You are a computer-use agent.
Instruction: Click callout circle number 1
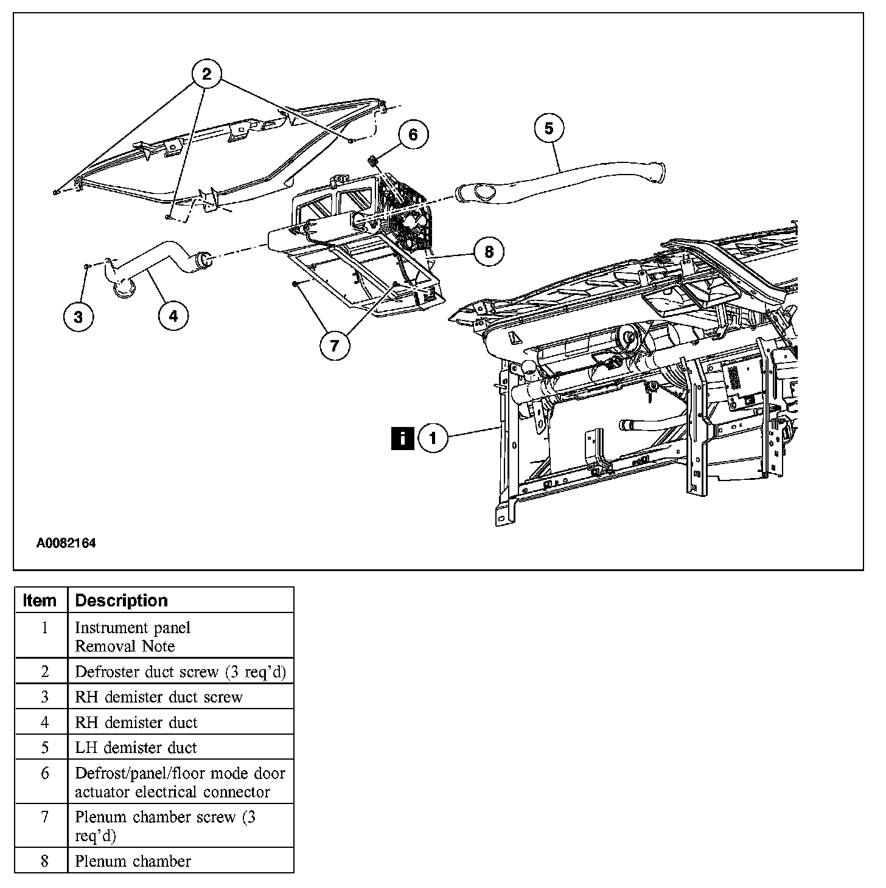click(433, 438)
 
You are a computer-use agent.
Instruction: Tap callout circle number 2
click(206, 74)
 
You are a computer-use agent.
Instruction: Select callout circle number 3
click(78, 316)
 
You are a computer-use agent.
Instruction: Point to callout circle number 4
click(173, 316)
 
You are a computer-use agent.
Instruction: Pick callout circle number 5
click(549, 128)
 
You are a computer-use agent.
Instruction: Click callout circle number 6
click(413, 134)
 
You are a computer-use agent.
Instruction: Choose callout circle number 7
click(335, 345)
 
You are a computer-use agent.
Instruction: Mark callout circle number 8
click(489, 251)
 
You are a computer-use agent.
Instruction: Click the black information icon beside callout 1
click(402, 438)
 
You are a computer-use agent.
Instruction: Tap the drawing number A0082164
click(66, 544)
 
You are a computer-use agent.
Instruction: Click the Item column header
click(40, 600)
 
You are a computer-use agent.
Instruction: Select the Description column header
click(121, 600)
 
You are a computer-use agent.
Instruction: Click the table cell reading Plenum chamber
click(133, 861)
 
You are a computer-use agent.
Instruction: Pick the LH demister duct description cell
click(136, 748)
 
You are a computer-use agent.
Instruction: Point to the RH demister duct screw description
click(158, 697)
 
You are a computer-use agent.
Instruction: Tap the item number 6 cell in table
click(44, 773)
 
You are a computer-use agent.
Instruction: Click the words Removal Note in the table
click(125, 646)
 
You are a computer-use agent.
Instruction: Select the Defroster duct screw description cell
click(180, 671)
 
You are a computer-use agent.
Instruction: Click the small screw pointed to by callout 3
click(88, 266)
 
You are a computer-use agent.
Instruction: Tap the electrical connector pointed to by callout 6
click(373, 161)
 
